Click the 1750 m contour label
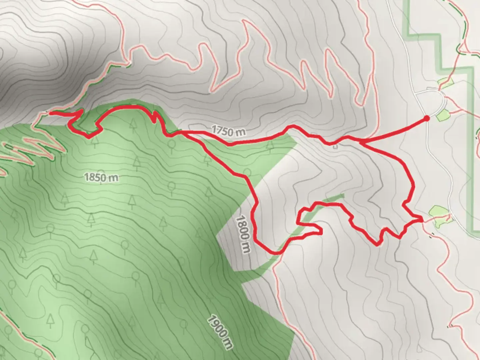point(228,131)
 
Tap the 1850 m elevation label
point(101,177)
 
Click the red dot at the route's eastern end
point(426,118)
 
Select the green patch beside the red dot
point(443,116)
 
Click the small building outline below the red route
point(335,146)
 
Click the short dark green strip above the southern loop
point(333,198)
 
